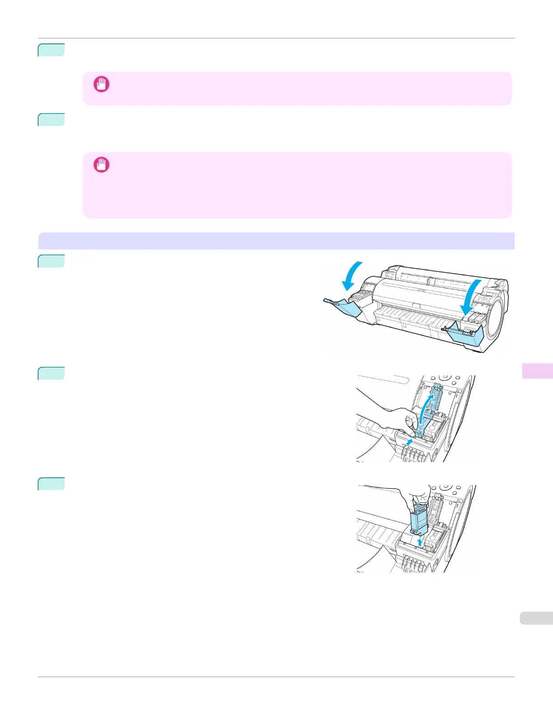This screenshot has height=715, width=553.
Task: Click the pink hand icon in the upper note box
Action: pyautogui.click(x=101, y=84)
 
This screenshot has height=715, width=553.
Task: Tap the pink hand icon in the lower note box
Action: pyautogui.click(x=101, y=165)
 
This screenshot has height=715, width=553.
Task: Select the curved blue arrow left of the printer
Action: pyautogui.click(x=351, y=275)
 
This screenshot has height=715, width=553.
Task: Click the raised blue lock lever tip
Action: pyautogui.click(x=436, y=387)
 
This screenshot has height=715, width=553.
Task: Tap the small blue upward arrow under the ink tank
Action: pyautogui.click(x=420, y=542)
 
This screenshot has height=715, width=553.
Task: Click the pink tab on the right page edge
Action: pyautogui.click(x=537, y=371)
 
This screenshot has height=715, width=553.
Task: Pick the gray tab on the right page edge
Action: pyautogui.click(x=536, y=618)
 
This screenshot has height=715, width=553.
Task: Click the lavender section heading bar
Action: pyautogui.click(x=276, y=241)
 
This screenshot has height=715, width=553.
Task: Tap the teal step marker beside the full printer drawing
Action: pyautogui.click(x=51, y=261)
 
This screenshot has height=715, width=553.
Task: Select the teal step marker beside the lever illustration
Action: pyautogui.click(x=51, y=373)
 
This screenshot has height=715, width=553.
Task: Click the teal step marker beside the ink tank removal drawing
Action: pyautogui.click(x=51, y=484)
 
